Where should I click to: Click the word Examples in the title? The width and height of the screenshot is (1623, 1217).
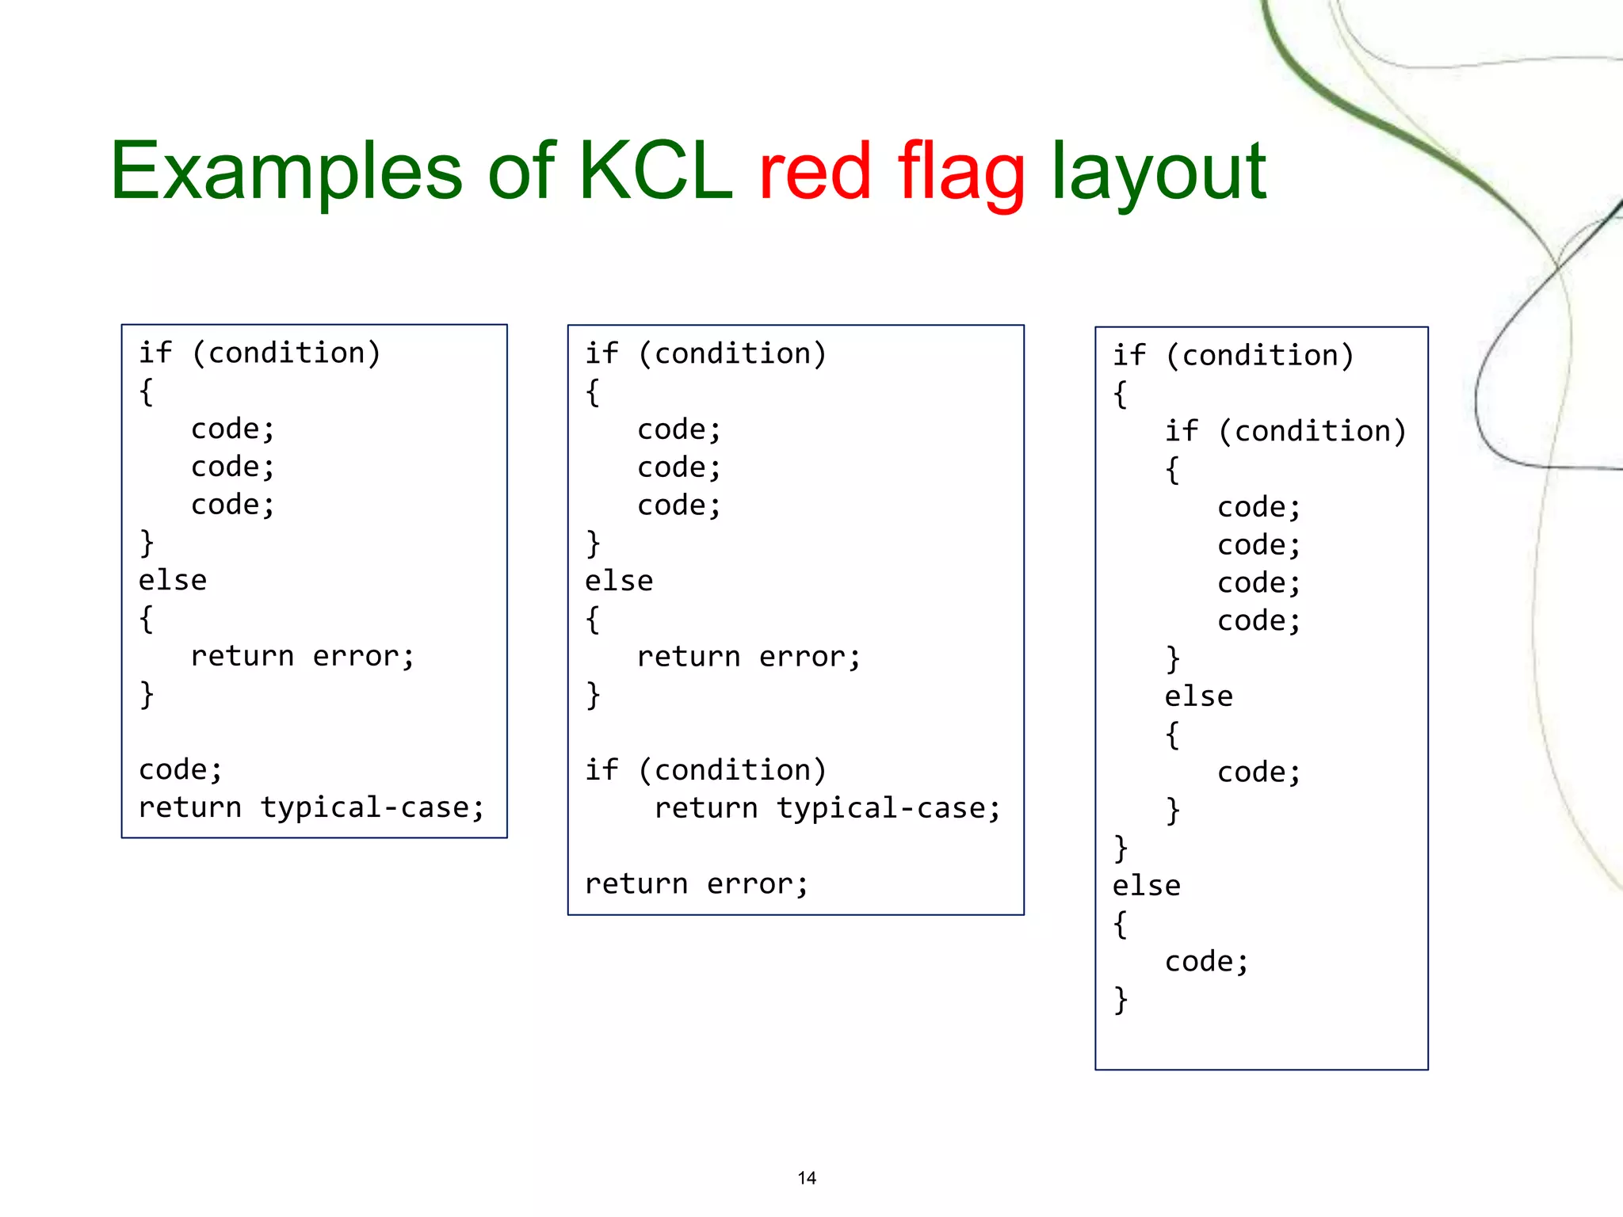tap(285, 170)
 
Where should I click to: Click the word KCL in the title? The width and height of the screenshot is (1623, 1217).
tap(655, 170)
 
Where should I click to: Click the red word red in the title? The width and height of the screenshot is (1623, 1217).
tap(815, 170)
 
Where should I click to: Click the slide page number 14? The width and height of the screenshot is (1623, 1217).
tap(807, 1178)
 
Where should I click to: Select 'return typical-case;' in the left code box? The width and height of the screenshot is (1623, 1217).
tap(311, 807)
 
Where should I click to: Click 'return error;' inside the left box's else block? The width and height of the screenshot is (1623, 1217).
tap(302, 656)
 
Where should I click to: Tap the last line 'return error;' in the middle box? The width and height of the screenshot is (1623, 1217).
tap(697, 883)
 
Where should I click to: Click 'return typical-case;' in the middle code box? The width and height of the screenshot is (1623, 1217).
tap(827, 808)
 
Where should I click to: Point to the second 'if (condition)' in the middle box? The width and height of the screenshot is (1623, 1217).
tap(705, 770)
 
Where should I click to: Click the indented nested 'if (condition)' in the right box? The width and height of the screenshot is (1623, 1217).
tap(1285, 431)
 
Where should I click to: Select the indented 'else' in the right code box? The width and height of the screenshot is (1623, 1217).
tap(1198, 696)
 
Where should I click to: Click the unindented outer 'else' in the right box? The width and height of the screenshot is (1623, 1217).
tap(1146, 886)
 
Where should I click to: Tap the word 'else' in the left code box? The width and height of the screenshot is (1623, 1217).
tap(172, 581)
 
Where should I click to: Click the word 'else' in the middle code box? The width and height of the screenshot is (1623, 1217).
tap(619, 582)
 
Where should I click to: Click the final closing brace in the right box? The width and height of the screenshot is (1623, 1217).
tap(1120, 1000)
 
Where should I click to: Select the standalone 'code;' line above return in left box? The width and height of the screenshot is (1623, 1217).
tap(180, 770)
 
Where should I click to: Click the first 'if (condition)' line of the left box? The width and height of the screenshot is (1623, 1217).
tap(259, 353)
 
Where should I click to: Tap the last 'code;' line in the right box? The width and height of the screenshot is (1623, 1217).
tap(1206, 962)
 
